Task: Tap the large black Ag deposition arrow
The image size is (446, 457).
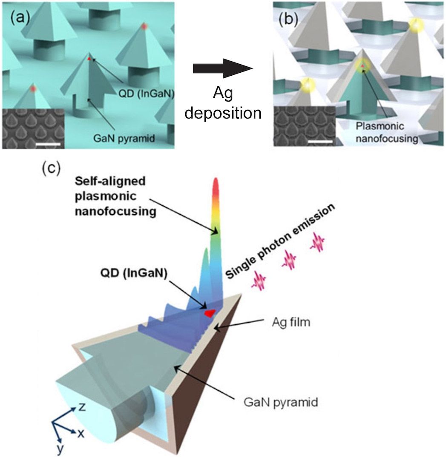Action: click(x=221, y=68)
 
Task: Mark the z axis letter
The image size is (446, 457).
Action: click(x=83, y=407)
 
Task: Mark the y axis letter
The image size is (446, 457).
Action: click(x=60, y=448)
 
